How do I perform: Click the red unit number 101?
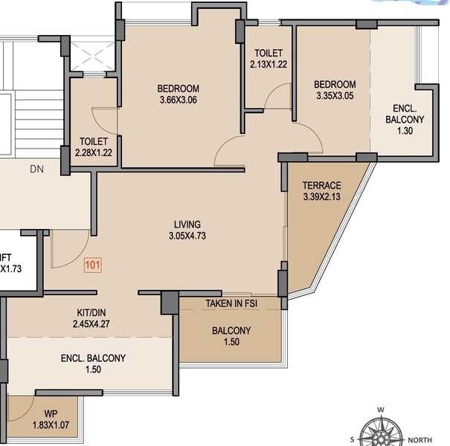pyautogui.click(x=92, y=264)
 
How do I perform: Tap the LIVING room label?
pyautogui.click(x=187, y=224)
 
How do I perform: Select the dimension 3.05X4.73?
pyautogui.click(x=187, y=237)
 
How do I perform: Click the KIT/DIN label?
pyautogui.click(x=92, y=313)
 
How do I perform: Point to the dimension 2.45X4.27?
pyautogui.click(x=92, y=325)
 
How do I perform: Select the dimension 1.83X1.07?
pyautogui.click(x=50, y=425)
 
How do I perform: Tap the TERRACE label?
pyautogui.click(x=321, y=185)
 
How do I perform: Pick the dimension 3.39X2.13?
pyautogui.click(x=321, y=197)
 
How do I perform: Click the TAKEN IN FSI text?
pyautogui.click(x=231, y=304)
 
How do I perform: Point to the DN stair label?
pyautogui.click(x=37, y=169)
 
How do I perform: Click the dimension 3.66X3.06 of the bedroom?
pyautogui.click(x=179, y=100)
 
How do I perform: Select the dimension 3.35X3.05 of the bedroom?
pyautogui.click(x=334, y=96)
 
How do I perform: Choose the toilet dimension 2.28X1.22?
pyautogui.click(x=94, y=152)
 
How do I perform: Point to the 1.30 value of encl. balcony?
pyautogui.click(x=405, y=131)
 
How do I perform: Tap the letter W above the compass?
pyautogui.click(x=380, y=410)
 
